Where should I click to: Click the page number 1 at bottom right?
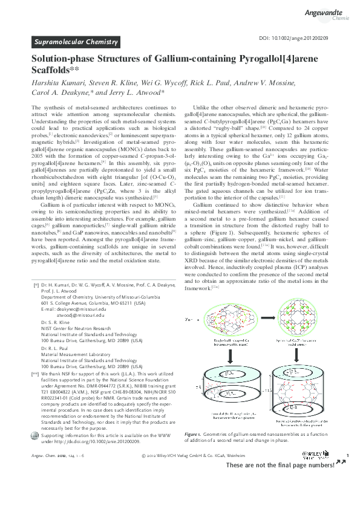347,455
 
